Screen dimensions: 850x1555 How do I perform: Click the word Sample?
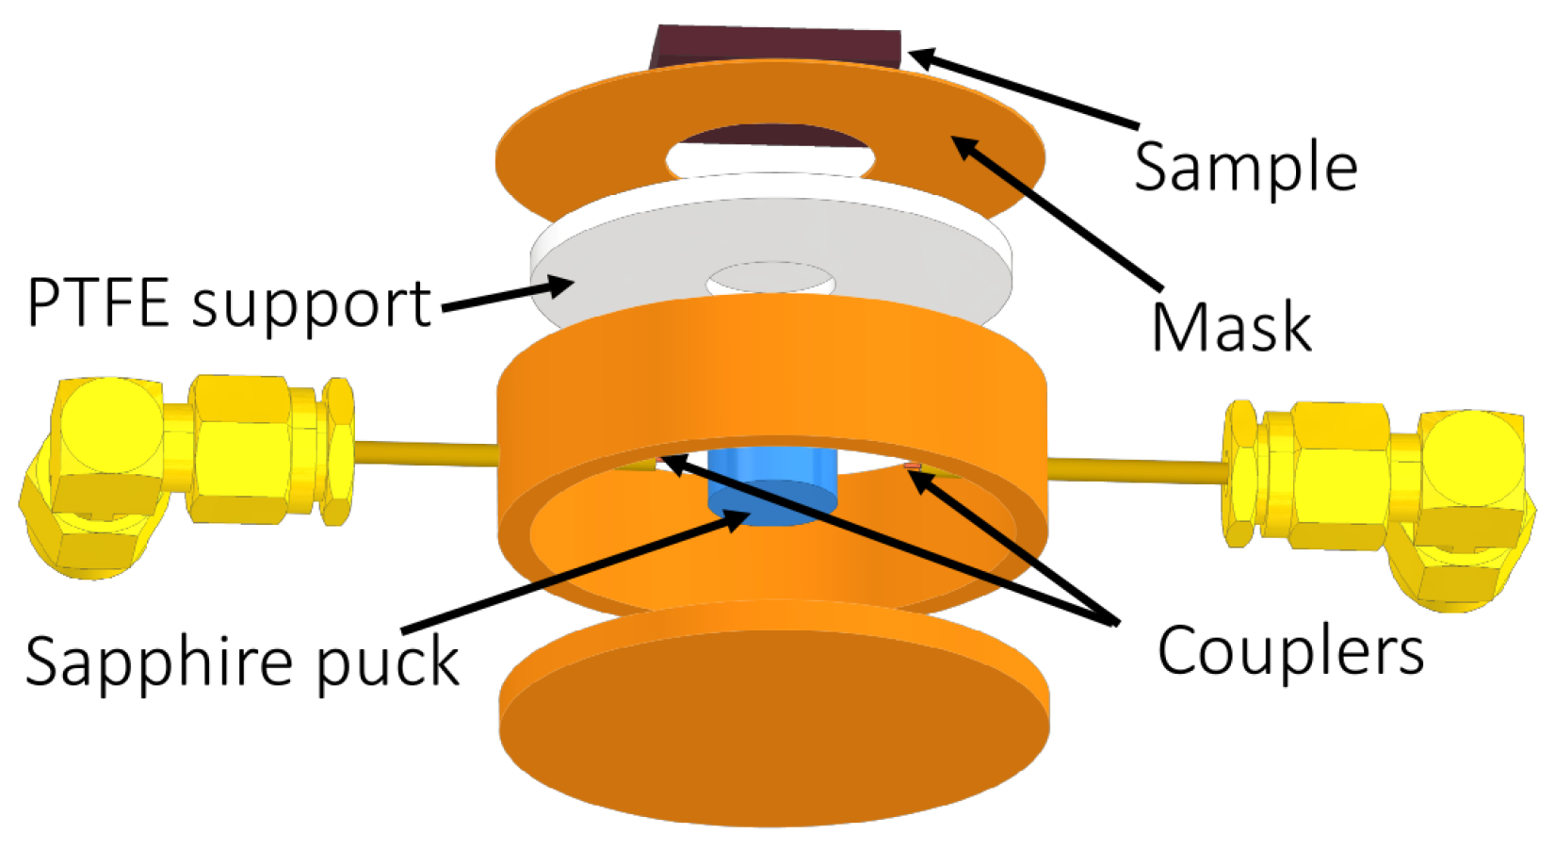click(x=1244, y=167)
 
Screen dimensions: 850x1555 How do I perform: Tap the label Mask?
click(x=1231, y=327)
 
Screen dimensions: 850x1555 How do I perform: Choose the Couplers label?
click(x=1289, y=651)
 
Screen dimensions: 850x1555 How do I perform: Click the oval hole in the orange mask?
click(x=770, y=154)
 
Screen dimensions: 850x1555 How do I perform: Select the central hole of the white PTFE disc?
click(x=770, y=280)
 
